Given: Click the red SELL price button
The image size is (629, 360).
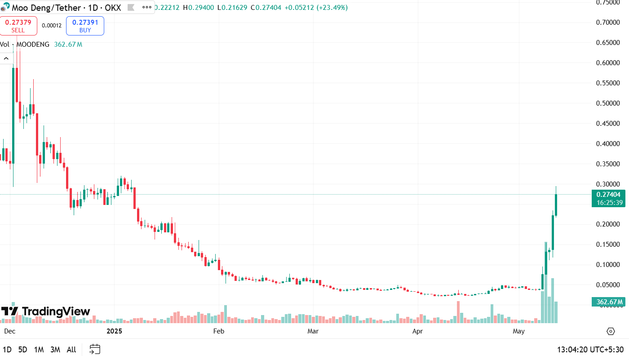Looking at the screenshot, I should [x=18, y=26].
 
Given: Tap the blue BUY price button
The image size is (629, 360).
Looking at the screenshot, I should [x=85, y=26].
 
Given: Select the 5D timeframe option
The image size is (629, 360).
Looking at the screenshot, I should [x=22, y=349].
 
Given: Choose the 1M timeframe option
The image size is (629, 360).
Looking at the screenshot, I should [x=39, y=349].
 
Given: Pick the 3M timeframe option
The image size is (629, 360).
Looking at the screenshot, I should [x=55, y=349].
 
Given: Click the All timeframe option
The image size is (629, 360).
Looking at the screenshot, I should [x=71, y=349].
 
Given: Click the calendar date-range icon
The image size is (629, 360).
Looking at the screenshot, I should [x=95, y=349].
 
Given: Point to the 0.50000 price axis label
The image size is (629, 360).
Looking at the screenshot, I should [x=611, y=103].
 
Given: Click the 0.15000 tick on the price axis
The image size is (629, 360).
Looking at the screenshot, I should [x=611, y=244].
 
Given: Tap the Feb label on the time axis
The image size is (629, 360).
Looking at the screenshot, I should [x=218, y=332].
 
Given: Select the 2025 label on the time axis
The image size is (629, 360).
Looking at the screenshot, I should [x=114, y=332].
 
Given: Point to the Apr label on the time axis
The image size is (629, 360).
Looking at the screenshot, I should [x=418, y=332].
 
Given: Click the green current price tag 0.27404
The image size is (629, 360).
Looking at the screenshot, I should [x=609, y=195].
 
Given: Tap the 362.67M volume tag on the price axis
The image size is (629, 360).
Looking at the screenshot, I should [x=609, y=302].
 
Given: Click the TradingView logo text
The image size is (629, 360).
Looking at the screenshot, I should [x=56, y=311].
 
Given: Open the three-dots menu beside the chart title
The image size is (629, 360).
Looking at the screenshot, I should [x=146, y=8].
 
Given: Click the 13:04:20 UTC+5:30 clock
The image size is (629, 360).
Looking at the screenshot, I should [x=590, y=349].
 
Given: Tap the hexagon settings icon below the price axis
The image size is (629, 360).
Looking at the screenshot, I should [x=611, y=332].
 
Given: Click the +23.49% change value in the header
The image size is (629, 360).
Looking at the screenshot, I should [x=332, y=8].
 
